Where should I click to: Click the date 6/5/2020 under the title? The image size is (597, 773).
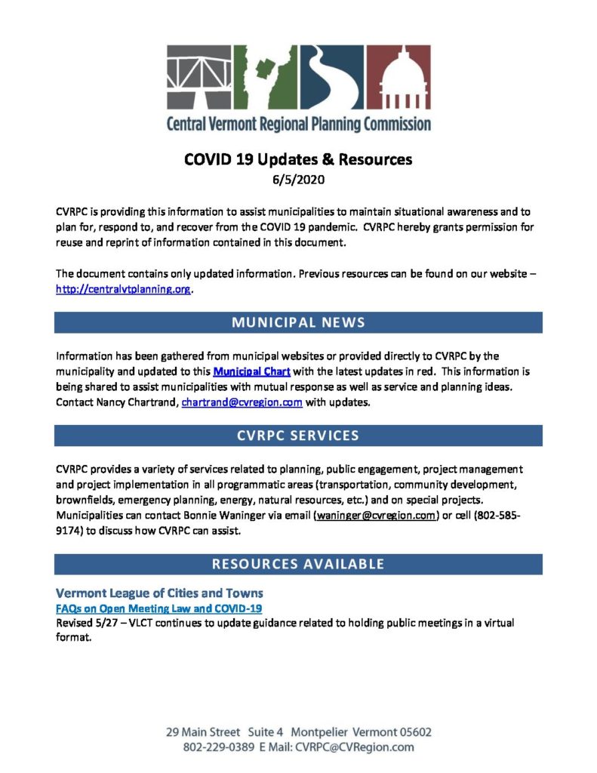298,180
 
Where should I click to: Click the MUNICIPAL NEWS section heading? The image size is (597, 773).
298,322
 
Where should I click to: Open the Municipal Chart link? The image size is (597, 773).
251,371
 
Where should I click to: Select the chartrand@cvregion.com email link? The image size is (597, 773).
242,402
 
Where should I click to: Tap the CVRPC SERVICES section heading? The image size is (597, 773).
298,436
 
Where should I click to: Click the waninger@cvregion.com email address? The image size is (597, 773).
376,515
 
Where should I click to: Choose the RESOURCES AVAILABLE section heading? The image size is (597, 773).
298,564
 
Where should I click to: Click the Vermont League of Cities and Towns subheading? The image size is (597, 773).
159,593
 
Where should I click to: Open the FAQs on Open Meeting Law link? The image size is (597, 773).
159,608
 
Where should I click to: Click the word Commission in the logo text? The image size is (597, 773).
392,124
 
